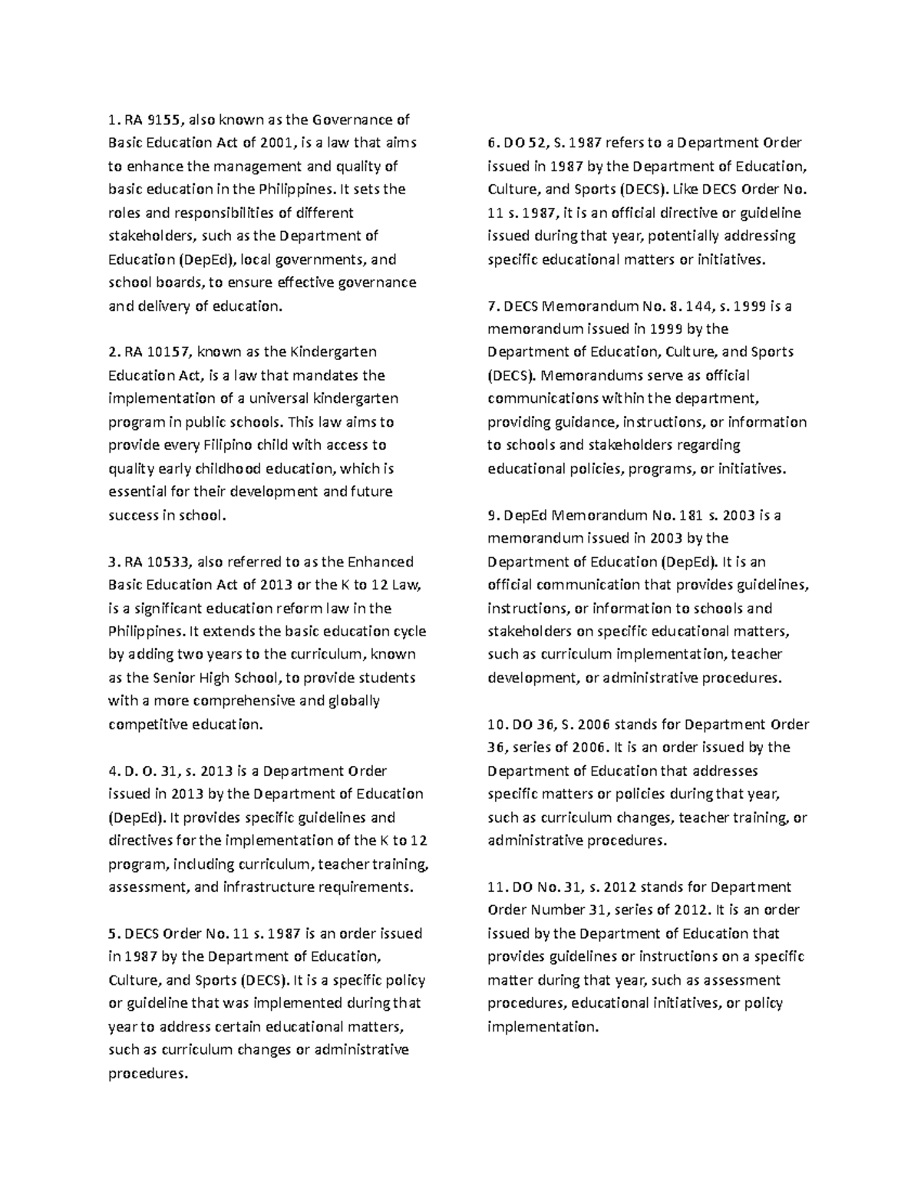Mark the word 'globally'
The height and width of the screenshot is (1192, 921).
pos(354,701)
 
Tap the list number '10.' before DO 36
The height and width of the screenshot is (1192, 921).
pos(498,724)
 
